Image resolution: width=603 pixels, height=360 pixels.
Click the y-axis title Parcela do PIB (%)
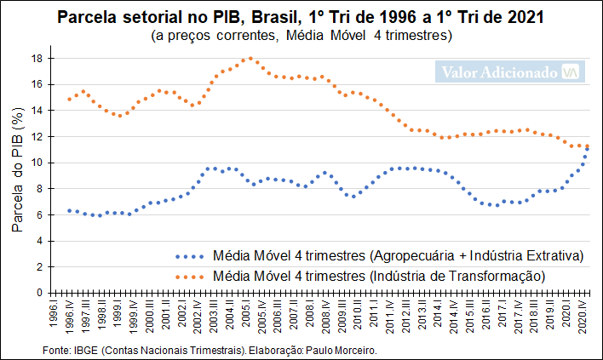click(x=16, y=176)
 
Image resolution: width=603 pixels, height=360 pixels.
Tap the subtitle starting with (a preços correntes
click(x=301, y=37)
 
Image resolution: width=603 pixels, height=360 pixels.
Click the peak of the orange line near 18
click(x=250, y=59)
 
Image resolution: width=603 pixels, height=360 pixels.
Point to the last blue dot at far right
click(x=587, y=151)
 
